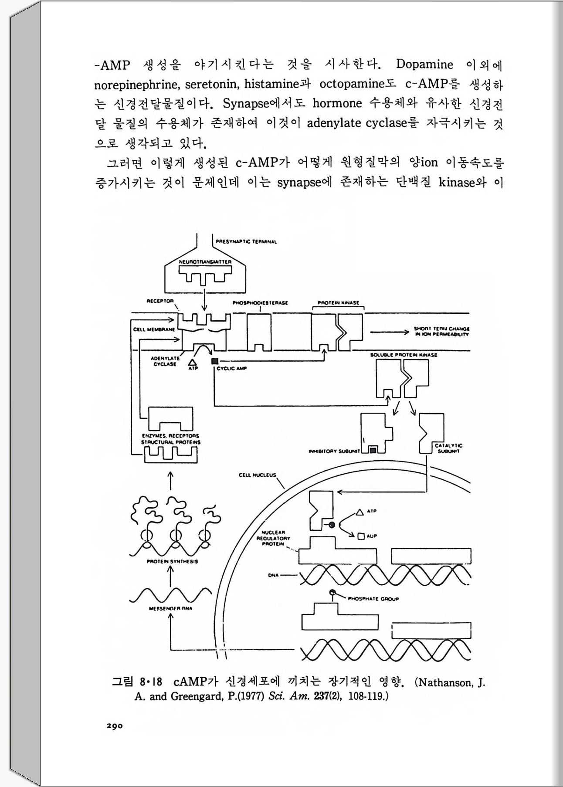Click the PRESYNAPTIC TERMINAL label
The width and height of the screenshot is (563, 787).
tap(246, 241)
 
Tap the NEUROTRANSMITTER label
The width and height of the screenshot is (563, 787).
tap(204, 262)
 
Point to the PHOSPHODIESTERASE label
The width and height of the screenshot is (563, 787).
tap(260, 302)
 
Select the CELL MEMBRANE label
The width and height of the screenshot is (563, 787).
tap(154, 329)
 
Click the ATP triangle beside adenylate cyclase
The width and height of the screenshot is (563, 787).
tap(192, 362)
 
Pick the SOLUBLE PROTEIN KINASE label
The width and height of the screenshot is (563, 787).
tap(404, 355)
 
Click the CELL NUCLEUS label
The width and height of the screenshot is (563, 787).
tap(257, 475)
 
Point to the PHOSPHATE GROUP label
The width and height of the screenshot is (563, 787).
tap(373, 599)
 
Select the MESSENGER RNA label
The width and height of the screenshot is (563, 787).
tap(170, 608)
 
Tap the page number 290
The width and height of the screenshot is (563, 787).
tap(115, 726)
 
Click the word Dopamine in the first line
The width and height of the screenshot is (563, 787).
tap(424, 64)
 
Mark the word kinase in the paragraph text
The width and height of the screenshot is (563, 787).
tap(455, 182)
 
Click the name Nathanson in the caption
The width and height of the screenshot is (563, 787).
tap(444, 682)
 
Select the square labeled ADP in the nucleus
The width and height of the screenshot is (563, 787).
tap(360, 536)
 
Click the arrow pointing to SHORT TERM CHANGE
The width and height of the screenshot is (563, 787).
tap(389, 332)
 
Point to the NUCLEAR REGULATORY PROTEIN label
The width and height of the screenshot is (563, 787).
tap(273, 538)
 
